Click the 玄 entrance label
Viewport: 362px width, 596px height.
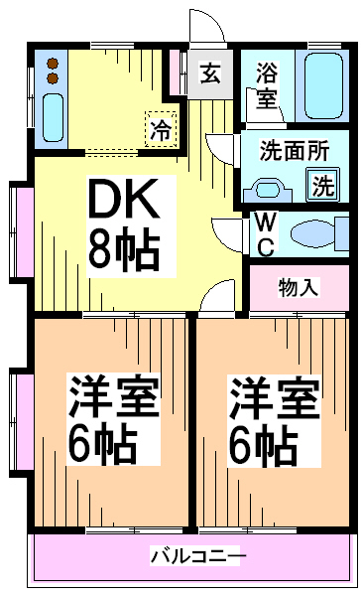point(209,73)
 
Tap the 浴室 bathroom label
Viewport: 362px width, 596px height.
point(267,84)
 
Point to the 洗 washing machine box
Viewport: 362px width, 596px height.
point(323,184)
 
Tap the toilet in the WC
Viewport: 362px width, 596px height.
point(317,233)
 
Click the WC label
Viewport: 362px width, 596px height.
point(266,232)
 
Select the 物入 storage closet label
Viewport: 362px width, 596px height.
point(298,287)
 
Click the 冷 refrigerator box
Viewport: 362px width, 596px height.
point(160,127)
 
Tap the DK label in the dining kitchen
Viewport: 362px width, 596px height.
point(123,204)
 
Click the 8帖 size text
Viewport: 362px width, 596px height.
point(122,249)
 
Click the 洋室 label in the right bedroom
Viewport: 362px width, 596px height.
point(275,399)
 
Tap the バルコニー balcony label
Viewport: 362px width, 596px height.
point(194,554)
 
